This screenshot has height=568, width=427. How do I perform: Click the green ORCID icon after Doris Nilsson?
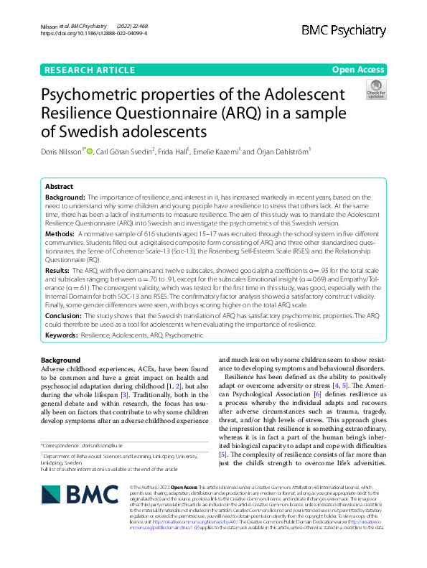(90, 151)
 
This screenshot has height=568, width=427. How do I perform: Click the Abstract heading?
(59, 185)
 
